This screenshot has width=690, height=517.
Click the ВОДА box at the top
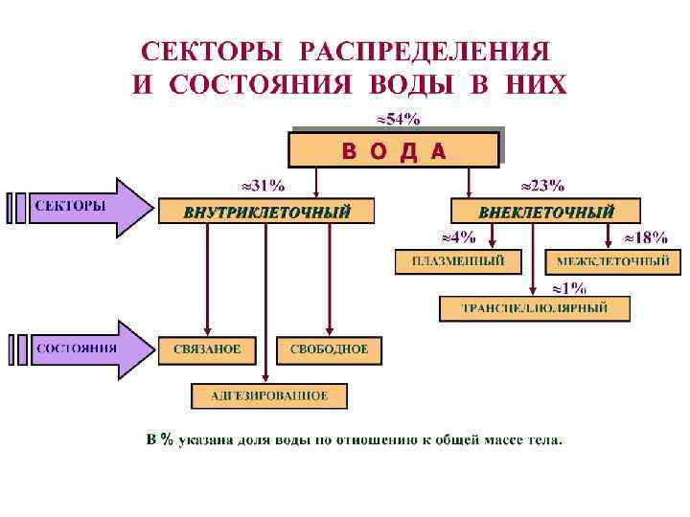(x=394, y=150)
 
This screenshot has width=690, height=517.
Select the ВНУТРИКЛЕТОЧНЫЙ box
(x=266, y=212)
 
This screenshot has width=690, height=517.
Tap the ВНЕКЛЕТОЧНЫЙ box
(x=546, y=212)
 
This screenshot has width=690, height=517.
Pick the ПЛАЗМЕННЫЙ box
(x=458, y=260)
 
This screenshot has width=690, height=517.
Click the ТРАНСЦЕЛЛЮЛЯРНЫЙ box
(x=535, y=308)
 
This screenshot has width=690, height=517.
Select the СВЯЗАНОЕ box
(x=207, y=349)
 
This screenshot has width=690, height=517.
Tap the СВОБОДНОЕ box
(x=329, y=349)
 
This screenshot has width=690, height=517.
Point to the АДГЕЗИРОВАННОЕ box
(x=269, y=395)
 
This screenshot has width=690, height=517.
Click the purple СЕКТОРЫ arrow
(x=86, y=207)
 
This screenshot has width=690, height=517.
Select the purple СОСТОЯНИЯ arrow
(x=86, y=348)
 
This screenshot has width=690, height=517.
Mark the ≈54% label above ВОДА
(x=396, y=120)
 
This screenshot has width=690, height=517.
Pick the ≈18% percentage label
(x=646, y=236)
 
